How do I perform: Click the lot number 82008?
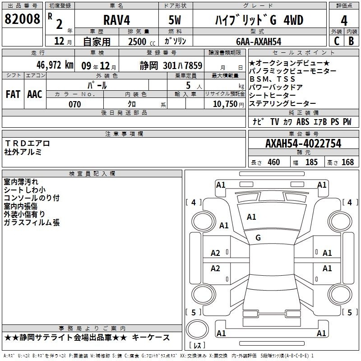coord(22,19)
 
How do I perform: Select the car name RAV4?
coord(116,20)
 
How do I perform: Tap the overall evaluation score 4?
coord(344,21)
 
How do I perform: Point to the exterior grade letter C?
coord(337,41)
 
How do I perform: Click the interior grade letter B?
coord(351,41)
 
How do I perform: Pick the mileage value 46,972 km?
coord(55,65)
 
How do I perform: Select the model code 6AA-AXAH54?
coord(259,42)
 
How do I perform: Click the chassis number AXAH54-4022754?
coord(303,143)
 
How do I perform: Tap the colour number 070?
coord(75,104)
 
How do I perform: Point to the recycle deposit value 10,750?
coord(225,104)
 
